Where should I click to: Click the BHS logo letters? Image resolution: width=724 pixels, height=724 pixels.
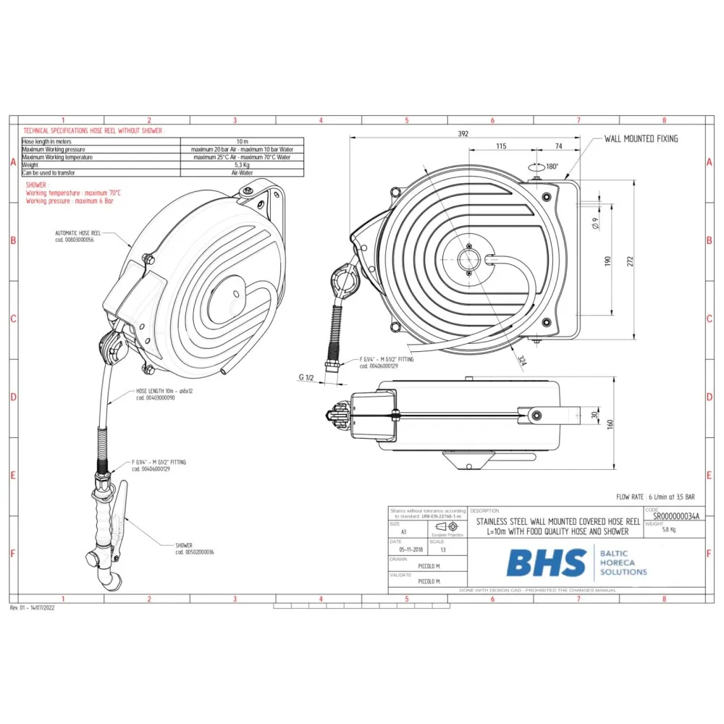[546, 563]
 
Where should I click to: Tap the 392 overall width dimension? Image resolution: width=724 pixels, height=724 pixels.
[463, 133]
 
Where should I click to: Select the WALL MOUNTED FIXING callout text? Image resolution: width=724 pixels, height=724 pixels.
[641, 138]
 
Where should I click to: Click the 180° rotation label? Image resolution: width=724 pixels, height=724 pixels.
[552, 167]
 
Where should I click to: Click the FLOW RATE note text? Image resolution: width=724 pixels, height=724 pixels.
[655, 497]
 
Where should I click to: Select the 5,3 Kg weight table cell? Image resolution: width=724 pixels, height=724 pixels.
[241, 165]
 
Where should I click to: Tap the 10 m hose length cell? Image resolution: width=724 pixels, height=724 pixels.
[241, 141]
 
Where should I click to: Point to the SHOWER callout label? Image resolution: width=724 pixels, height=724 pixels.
[184, 545]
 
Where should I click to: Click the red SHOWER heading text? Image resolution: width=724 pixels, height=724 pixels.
[36, 185]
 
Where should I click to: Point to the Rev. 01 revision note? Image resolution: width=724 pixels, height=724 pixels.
[33, 607]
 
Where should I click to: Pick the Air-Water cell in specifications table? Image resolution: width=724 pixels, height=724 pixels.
[241, 173]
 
